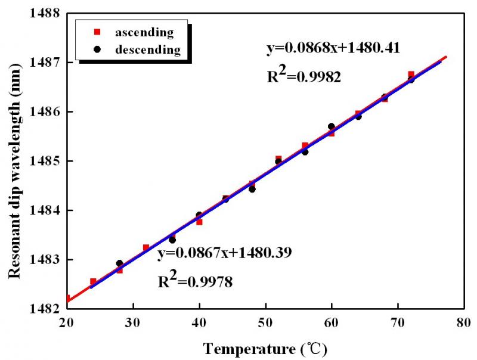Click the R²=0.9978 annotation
tap(194, 280)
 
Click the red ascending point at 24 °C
tap(93, 281)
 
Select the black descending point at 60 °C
tap(332, 126)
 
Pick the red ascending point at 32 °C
tap(146, 247)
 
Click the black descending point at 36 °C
tap(172, 240)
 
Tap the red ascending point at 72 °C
tap(411, 74)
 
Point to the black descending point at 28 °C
tap(119, 263)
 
